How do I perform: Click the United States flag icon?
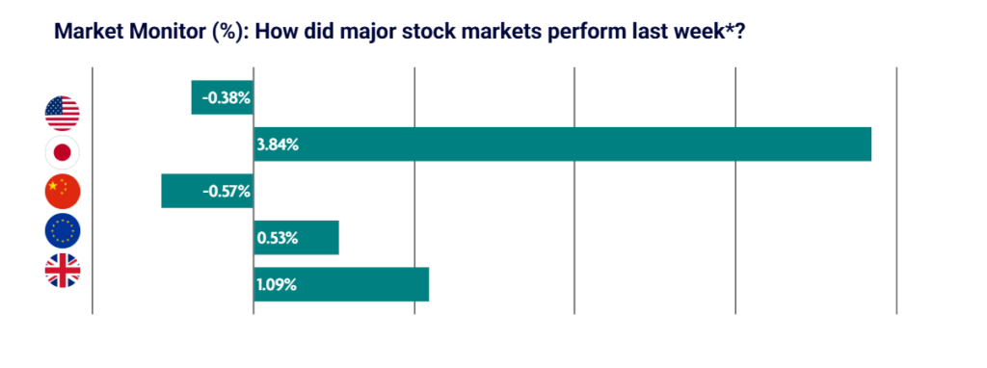click(63, 114)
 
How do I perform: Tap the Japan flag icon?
click(63, 153)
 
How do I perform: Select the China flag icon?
click(63, 192)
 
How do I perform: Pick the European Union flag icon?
click(63, 231)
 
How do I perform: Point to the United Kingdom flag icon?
click(63, 271)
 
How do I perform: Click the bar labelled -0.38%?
click(223, 97)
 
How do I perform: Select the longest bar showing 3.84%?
click(562, 145)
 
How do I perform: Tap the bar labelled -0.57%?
click(207, 191)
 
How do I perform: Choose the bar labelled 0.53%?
click(296, 237)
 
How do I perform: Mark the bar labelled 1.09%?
click(341, 284)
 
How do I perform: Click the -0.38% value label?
click(226, 99)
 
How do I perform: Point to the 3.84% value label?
click(278, 145)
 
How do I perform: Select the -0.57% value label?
click(227, 192)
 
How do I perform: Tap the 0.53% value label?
click(277, 238)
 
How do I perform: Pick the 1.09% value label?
click(277, 285)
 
